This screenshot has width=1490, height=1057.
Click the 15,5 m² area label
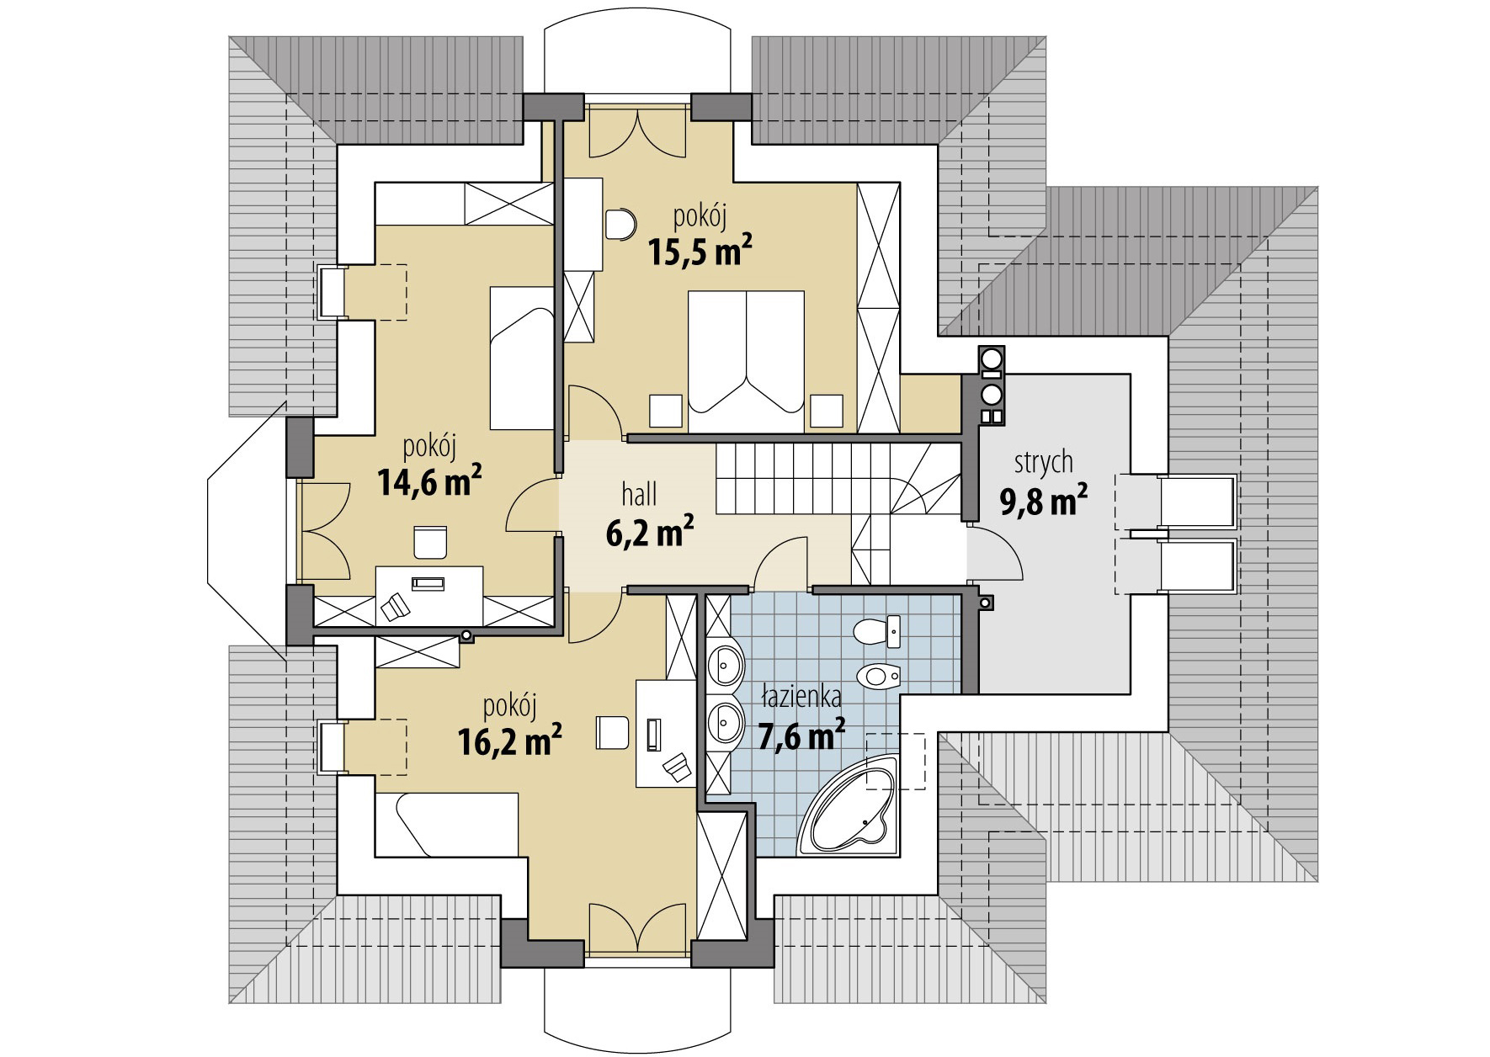coord(699,251)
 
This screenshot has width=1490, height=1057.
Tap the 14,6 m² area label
coord(429,485)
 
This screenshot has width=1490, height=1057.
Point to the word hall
coord(639,494)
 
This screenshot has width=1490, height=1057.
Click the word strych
coord(1043,462)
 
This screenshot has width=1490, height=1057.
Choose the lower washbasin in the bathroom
coord(725,720)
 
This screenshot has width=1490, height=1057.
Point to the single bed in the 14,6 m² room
coord(521,358)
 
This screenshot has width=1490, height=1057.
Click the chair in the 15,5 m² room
coord(621,225)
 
